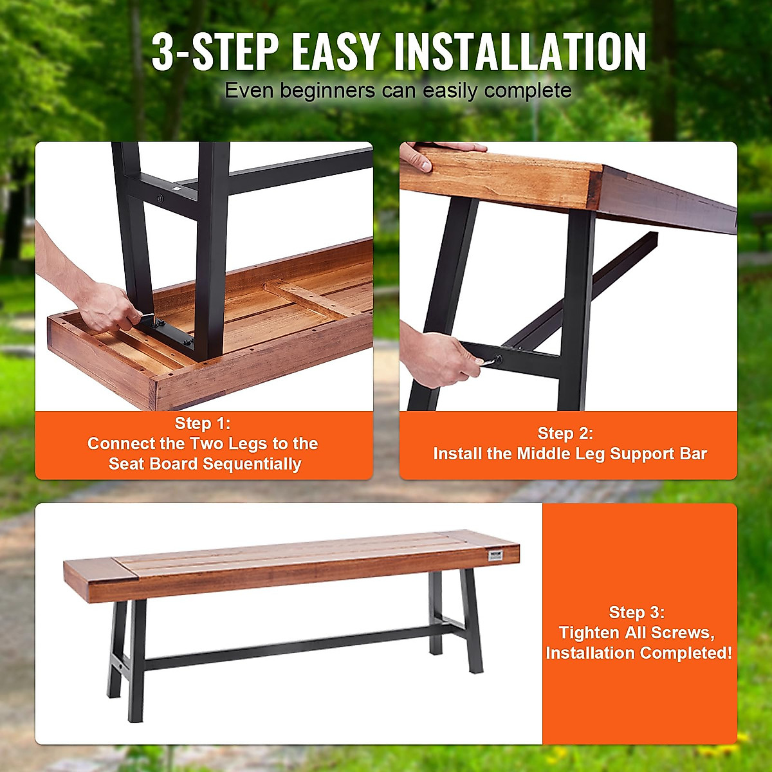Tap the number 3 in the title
163,53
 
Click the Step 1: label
203,423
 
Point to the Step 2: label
565,434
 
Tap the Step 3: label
637,612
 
